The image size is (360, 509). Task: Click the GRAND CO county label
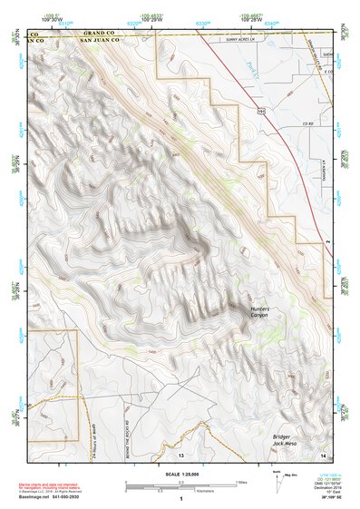(x=91, y=34)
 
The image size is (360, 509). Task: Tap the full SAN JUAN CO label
(x=100, y=41)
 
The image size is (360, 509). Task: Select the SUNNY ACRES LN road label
(x=244, y=40)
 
